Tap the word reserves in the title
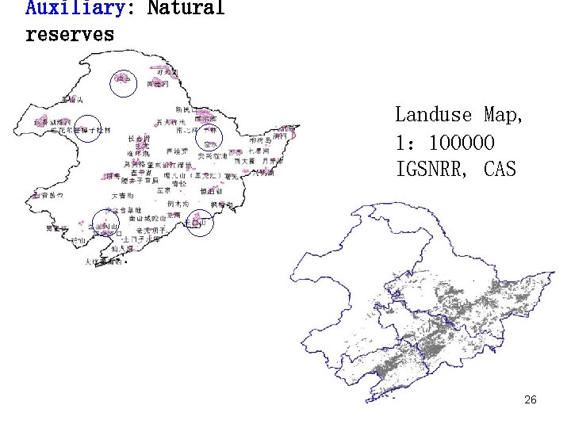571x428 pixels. click(70, 35)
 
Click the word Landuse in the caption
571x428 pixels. click(435, 116)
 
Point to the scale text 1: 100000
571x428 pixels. click(445, 143)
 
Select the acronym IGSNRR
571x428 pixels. click(435, 169)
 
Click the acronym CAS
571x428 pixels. click(498, 169)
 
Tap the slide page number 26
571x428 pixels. click(531, 400)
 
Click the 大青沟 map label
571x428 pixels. click(124, 195)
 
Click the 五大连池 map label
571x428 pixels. click(170, 123)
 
